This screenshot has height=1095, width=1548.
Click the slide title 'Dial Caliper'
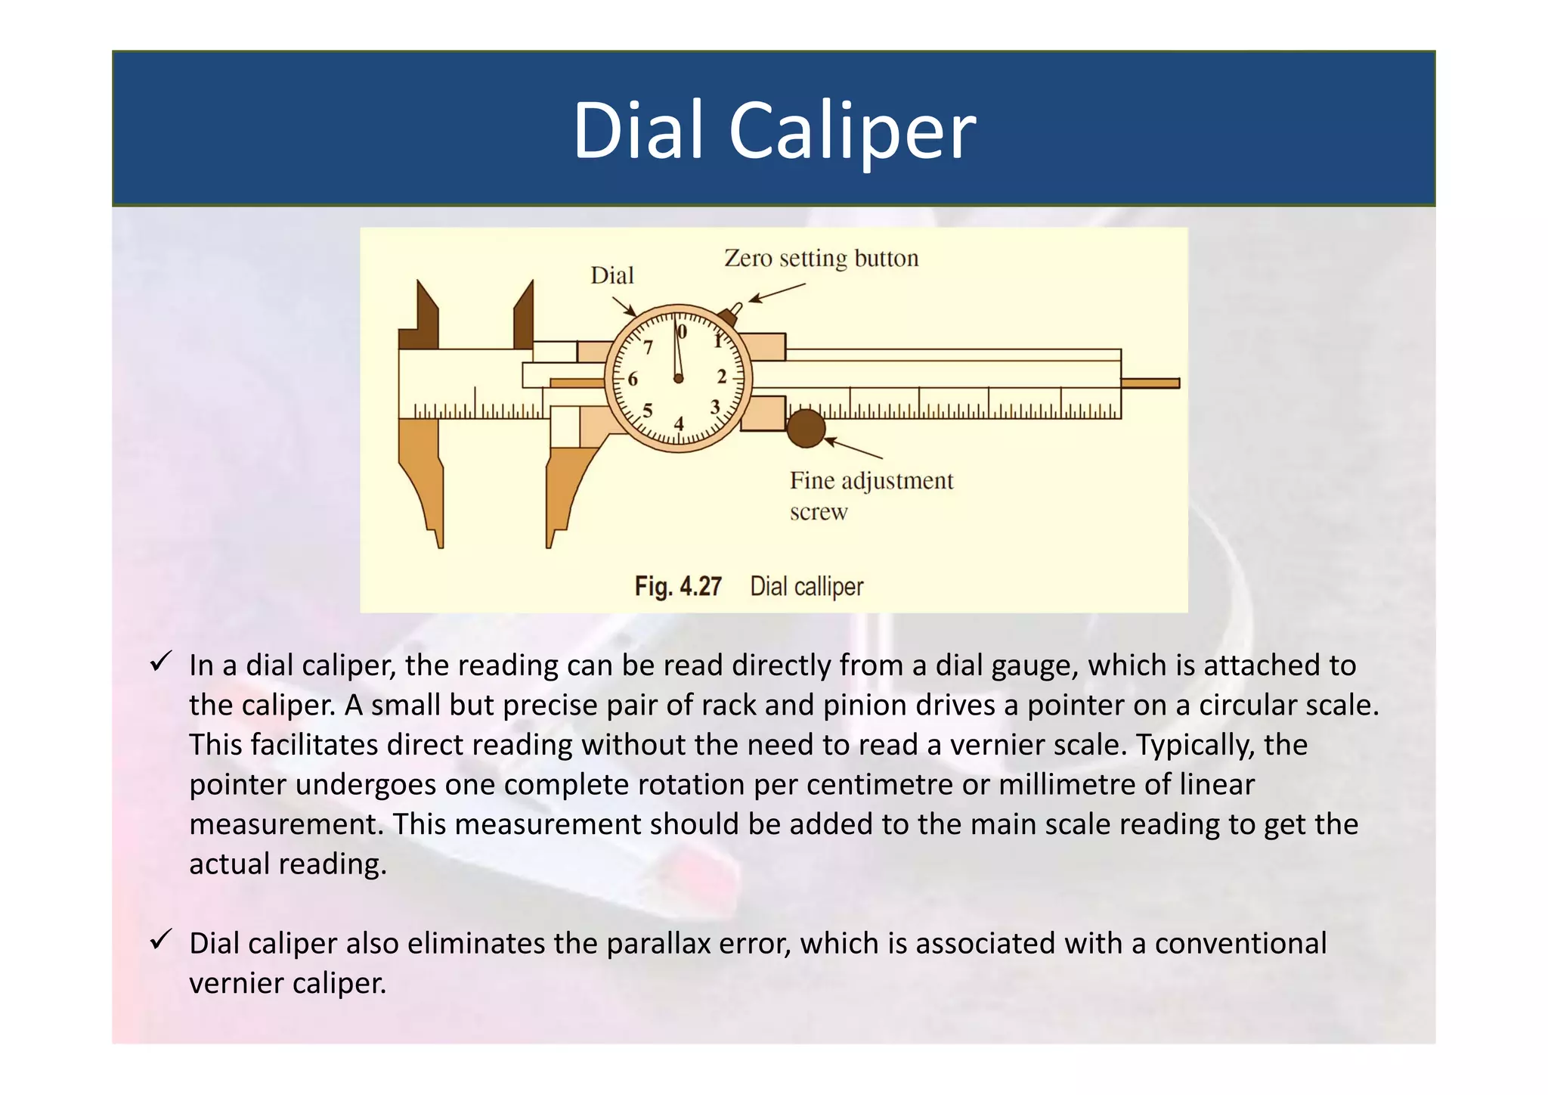pos(774,130)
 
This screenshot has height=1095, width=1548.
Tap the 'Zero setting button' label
pos(821,259)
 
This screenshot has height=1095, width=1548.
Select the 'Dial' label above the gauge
pos(611,276)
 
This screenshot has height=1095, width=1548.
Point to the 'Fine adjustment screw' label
pos(871,495)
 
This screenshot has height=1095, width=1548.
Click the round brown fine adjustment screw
pos(806,428)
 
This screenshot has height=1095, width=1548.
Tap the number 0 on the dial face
pos(683,332)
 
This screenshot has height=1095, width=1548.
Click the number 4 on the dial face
pos(679,424)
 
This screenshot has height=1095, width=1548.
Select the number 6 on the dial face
pos(633,379)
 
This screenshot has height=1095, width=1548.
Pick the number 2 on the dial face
pos(722,377)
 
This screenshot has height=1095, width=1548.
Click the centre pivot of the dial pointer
pos(678,378)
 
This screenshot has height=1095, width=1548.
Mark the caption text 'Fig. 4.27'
pos(678,587)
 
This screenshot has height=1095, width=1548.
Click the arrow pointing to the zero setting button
pos(777,293)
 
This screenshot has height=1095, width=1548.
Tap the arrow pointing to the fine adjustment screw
pos(853,448)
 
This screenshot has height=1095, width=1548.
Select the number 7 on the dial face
pos(648,348)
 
